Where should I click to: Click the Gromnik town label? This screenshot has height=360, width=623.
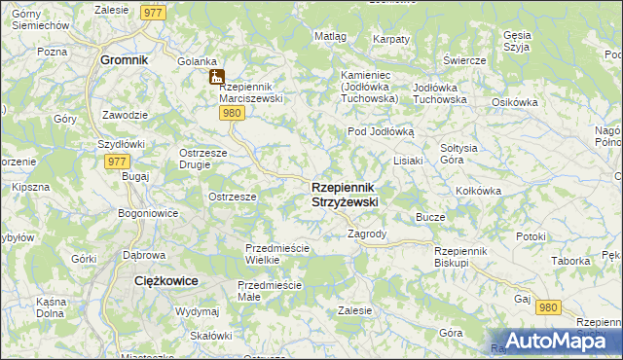(124, 59)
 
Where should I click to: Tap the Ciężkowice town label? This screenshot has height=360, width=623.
(165, 280)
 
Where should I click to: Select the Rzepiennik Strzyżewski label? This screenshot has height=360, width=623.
(345, 194)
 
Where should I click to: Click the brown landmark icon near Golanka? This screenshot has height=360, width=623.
(216, 77)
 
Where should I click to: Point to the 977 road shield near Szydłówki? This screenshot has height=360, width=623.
(117, 162)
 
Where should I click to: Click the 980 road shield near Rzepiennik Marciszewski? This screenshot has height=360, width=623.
(231, 114)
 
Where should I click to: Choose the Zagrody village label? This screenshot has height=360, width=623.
(367, 234)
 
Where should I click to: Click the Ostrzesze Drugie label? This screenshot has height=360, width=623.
(203, 158)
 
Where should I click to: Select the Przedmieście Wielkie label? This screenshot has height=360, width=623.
(276, 254)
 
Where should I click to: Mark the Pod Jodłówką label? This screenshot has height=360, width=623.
(381, 131)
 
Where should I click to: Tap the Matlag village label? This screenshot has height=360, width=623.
(330, 36)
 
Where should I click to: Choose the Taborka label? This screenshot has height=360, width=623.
(571, 261)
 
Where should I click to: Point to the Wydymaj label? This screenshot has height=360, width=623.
(197, 311)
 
